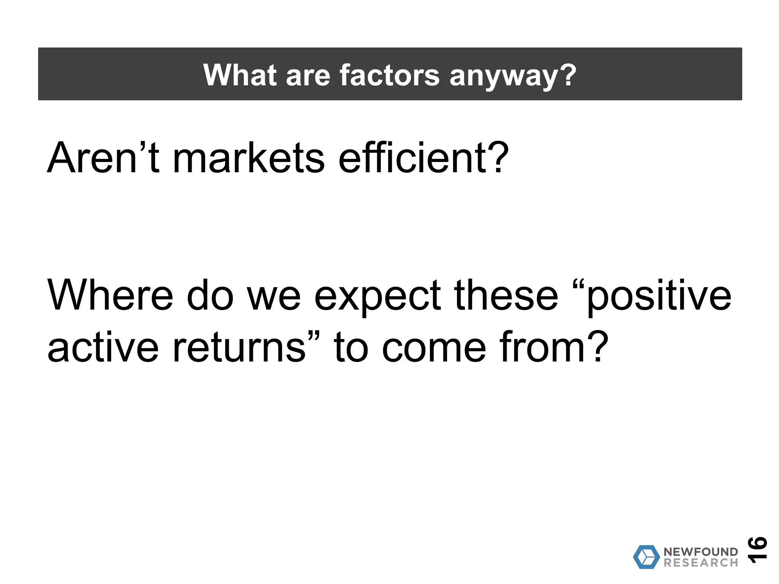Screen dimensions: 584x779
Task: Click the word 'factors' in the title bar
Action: pyautogui.click(x=389, y=75)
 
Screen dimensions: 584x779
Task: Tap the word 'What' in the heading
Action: pyautogui.click(x=240, y=75)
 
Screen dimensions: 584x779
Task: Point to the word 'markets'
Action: pyautogui.click(x=249, y=157)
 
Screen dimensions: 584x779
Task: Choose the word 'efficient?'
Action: pyautogui.click(x=423, y=157)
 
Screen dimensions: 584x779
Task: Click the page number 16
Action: pyautogui.click(x=757, y=549)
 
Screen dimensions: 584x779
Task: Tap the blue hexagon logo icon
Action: pyautogui.click(x=646, y=557)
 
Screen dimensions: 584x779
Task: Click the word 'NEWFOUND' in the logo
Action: pyautogui.click(x=701, y=552)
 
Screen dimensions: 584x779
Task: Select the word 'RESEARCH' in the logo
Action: pyautogui.click(x=701, y=563)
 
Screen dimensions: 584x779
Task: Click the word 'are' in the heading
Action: pyautogui.click(x=308, y=76)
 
